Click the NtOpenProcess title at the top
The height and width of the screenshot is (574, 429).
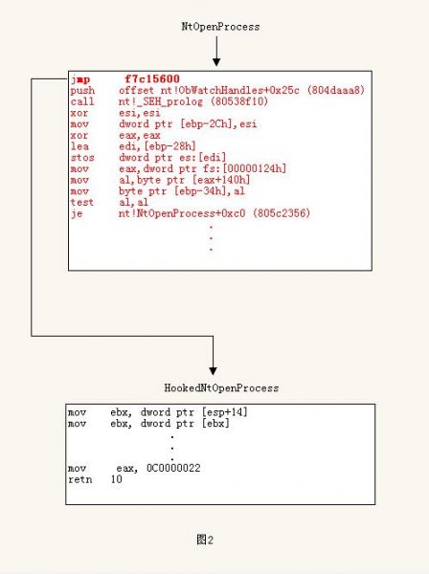(220, 27)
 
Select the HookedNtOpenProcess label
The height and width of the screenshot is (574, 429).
(221, 388)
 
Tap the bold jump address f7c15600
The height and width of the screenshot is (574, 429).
(152, 79)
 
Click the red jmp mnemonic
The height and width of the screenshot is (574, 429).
(80, 79)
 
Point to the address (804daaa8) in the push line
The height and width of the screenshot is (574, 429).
(335, 91)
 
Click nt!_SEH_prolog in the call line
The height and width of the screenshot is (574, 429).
(161, 101)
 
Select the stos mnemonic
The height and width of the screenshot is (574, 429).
(82, 158)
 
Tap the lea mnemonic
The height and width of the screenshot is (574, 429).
(79, 146)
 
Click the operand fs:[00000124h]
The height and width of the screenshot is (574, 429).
(245, 168)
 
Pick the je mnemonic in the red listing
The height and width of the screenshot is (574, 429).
(77, 213)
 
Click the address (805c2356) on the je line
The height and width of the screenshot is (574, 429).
(282, 213)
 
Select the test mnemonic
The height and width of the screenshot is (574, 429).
(82, 203)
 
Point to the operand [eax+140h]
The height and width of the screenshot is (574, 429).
(221, 180)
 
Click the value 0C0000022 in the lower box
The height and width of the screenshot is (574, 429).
(173, 468)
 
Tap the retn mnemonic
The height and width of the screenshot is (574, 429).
(79, 479)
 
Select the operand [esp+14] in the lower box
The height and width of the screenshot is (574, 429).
(225, 412)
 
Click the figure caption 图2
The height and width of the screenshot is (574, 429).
(205, 540)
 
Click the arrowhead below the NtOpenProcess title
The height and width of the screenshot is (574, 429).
(216, 62)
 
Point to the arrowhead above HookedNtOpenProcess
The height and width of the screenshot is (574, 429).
(213, 371)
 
